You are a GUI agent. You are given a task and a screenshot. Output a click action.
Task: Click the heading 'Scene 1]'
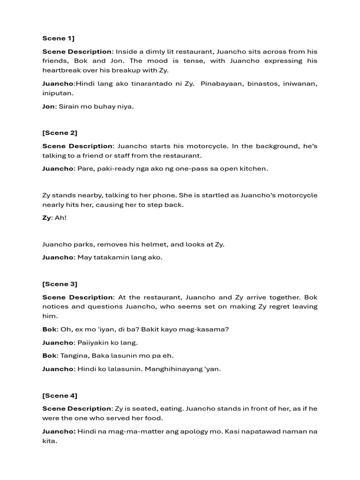(x=55, y=38)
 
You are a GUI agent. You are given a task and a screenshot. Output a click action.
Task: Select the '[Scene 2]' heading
(x=60, y=133)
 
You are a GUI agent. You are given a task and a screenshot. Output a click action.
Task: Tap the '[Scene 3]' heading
(x=60, y=284)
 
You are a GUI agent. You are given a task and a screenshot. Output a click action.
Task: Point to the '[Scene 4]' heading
(x=60, y=396)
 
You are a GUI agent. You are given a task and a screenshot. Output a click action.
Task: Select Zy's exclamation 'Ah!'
(x=61, y=218)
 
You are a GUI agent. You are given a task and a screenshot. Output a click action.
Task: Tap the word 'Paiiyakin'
(x=93, y=342)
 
